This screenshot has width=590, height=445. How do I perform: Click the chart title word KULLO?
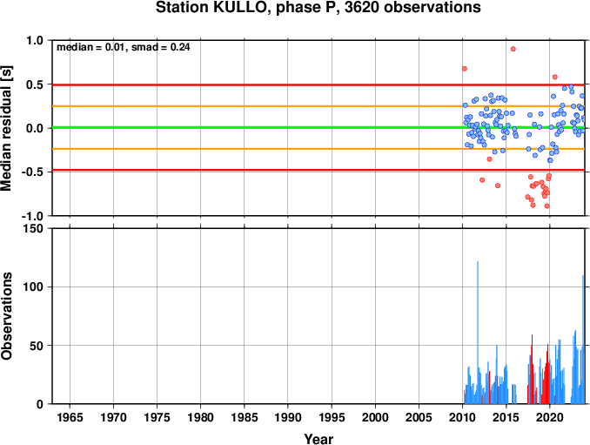(238, 7)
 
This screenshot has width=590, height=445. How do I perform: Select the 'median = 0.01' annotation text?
(91, 47)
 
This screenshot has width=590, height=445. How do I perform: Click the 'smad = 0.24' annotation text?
(161, 47)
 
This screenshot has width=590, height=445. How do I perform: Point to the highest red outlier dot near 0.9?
(513, 49)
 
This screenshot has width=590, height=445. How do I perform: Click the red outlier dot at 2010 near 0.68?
(465, 69)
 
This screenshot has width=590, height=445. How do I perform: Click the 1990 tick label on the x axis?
(288, 417)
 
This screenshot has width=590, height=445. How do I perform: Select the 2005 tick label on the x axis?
(419, 417)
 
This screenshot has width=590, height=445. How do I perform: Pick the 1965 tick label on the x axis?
(70, 417)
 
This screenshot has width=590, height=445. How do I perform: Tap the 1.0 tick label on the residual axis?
(35, 40)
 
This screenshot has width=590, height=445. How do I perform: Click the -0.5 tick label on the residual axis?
(32, 172)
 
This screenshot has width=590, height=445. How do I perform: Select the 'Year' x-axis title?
(318, 439)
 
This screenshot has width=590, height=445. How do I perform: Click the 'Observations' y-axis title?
(7, 316)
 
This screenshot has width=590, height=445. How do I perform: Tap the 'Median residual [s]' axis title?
(7, 128)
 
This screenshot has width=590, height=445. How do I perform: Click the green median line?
(318, 128)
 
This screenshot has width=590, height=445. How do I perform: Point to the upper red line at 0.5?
(318, 85)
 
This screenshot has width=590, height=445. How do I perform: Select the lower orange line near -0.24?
(318, 149)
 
